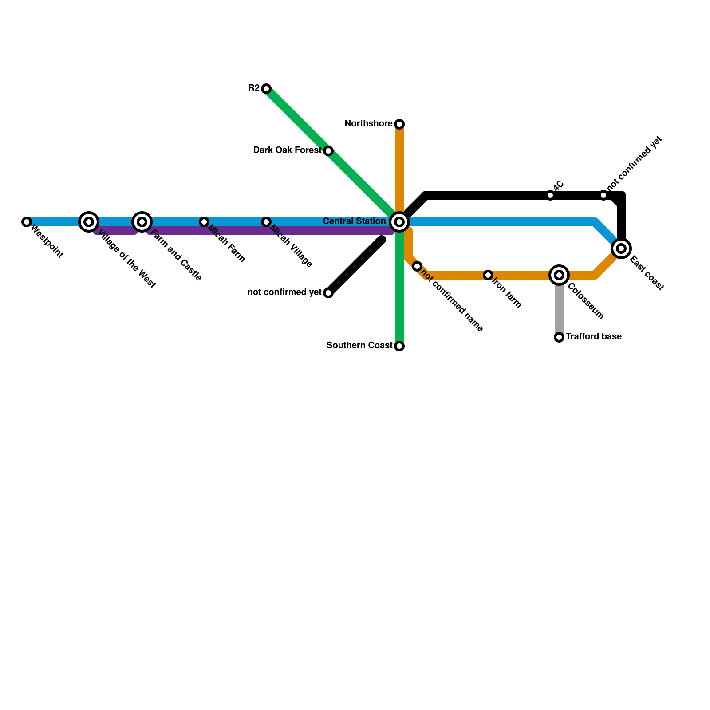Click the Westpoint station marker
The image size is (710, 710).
coord(27,222)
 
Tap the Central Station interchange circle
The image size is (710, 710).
coord(399,222)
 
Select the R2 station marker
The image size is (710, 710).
coord(266,89)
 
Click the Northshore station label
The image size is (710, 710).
coord(368,124)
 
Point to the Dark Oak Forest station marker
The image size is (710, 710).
coord(328,151)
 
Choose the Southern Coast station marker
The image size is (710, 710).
coord(399,346)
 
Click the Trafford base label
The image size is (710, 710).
coord(593,337)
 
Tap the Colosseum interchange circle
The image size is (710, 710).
coord(559,275)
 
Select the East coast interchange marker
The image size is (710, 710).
coord(621,248)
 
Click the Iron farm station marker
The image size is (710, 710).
coord(488,275)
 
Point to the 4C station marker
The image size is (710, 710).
coord(550,195)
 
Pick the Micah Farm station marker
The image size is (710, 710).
coord(204,222)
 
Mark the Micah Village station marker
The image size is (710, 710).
coord(266,222)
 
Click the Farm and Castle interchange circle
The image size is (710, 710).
coord(142,222)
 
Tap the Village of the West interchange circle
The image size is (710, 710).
coord(89,222)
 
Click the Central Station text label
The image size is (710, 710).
coord(354,221)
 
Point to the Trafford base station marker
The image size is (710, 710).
coord(559,337)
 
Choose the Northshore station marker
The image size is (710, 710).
coord(399,124)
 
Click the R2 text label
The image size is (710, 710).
coord(254,88)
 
